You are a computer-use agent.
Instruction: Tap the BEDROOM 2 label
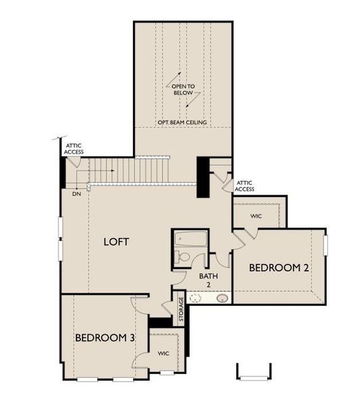pos(279,268)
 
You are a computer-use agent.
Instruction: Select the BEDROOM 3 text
pos(104,338)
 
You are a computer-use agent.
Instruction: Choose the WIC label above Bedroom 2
pos(256,216)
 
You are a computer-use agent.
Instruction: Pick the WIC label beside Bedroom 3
pos(164,354)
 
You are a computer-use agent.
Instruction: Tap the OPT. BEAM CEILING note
pos(182,123)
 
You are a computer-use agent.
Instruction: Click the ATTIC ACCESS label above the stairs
pos(74,148)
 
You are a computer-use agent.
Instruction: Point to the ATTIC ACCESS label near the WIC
pos(245,186)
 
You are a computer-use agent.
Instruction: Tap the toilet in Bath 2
pos(184,257)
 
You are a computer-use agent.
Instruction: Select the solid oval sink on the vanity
pos(222,298)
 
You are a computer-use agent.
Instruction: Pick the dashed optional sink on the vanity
pos(195,298)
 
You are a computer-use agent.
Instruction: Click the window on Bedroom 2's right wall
pos(325,244)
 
